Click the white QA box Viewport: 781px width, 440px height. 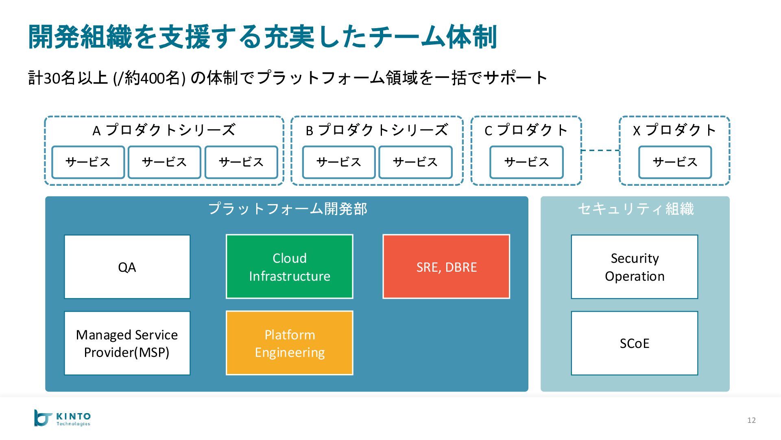127,267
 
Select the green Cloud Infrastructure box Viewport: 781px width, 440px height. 289,267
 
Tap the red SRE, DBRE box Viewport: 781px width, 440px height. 446,267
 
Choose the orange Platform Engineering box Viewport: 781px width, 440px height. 289,343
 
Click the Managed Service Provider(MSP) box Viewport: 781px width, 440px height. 127,343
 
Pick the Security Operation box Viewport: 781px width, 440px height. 635,267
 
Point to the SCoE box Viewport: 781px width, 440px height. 635,343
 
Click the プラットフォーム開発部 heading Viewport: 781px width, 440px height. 288,209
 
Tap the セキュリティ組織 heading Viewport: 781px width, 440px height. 636,209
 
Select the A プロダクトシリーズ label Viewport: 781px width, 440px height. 164,130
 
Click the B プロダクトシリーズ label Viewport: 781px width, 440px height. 377,130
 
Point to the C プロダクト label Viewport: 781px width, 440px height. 526,130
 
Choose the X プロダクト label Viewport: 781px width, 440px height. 674,130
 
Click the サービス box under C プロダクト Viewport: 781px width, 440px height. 526,162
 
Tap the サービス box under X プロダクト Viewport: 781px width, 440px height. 675,162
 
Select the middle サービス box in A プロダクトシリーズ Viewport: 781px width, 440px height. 164,162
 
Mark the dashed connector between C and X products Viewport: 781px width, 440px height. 600,150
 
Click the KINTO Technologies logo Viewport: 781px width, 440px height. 62,418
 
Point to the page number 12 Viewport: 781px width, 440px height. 751,420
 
